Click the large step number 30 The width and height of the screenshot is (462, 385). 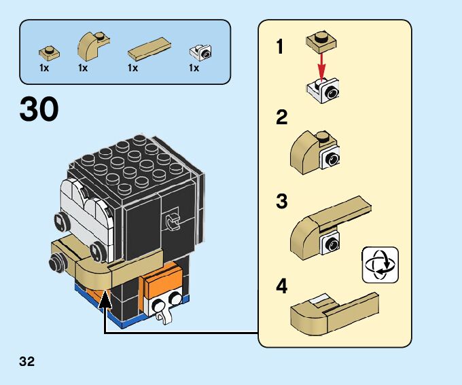[x=39, y=109]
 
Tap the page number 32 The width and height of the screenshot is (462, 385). [x=27, y=361]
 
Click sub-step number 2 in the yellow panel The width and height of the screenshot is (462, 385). [x=281, y=117]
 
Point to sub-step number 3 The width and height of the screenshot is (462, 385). [x=281, y=202]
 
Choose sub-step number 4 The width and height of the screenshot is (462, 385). [x=281, y=286]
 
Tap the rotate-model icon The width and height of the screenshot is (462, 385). [x=380, y=264]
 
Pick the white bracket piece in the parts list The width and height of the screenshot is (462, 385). [x=201, y=51]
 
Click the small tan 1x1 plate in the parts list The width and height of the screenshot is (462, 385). [x=48, y=51]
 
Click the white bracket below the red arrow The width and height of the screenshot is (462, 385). [x=323, y=90]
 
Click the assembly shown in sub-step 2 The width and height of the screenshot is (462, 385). [x=317, y=151]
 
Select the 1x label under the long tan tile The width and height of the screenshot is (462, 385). [x=132, y=68]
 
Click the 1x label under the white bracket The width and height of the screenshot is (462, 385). [x=194, y=68]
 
